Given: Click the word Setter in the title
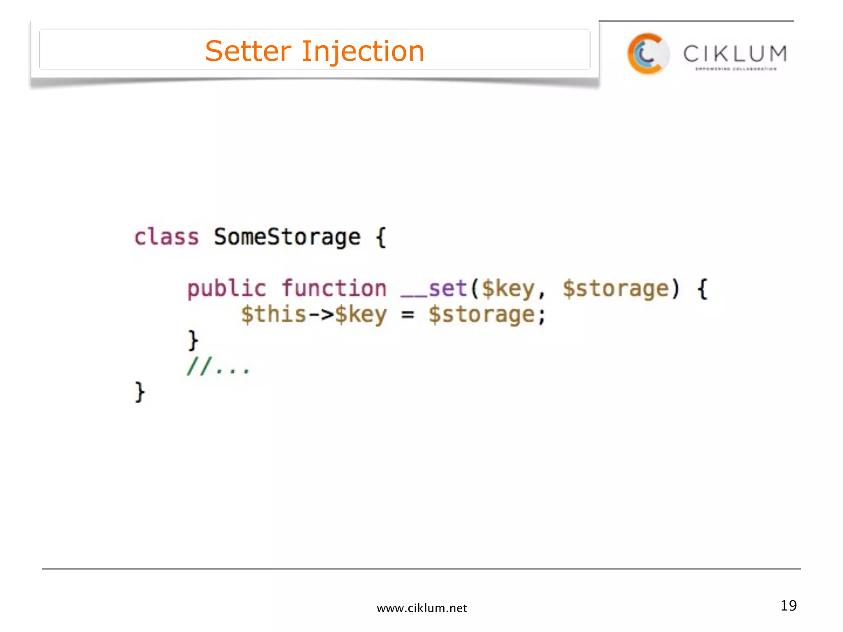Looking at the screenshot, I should pyautogui.click(x=248, y=51).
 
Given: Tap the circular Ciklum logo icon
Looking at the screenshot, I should pyautogui.click(x=647, y=54).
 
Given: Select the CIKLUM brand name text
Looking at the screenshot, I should pyautogui.click(x=735, y=54).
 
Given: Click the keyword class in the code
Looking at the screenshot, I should pyautogui.click(x=167, y=237).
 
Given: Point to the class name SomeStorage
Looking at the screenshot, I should pyautogui.click(x=287, y=237).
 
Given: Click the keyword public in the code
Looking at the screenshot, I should pyautogui.click(x=227, y=288).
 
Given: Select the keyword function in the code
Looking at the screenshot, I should pyautogui.click(x=334, y=288).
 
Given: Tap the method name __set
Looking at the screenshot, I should pyautogui.click(x=434, y=289).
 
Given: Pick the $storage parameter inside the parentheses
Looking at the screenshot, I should pyautogui.click(x=616, y=289).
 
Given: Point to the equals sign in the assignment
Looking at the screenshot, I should pyautogui.click(x=408, y=315).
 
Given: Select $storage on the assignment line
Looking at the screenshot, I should pyautogui.click(x=482, y=315).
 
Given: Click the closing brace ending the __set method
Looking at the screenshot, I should pyautogui.click(x=193, y=340).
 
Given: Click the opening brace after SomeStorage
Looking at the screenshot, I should pyautogui.click(x=381, y=237).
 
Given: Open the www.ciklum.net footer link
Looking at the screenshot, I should pyautogui.click(x=421, y=608).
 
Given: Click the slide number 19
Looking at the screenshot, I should pyautogui.click(x=788, y=606).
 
